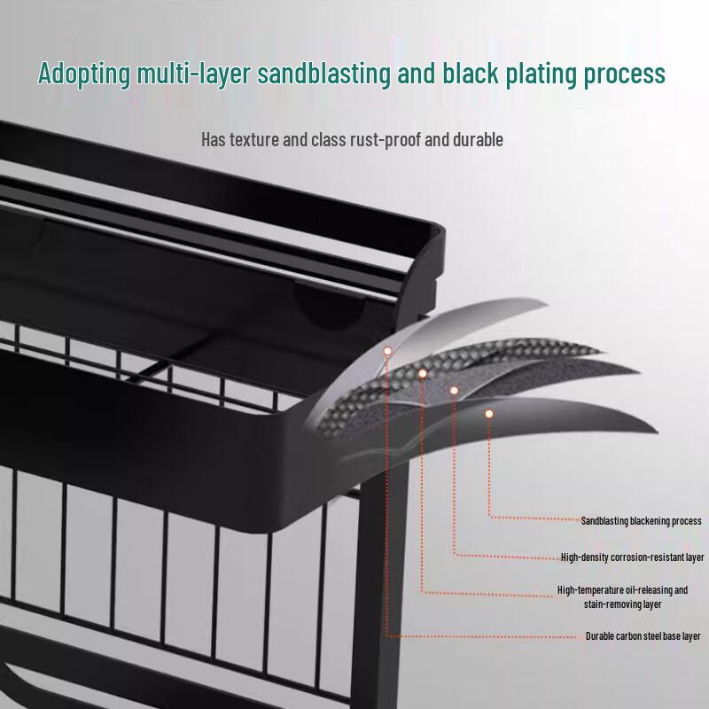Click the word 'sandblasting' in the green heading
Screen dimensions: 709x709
pyautogui.click(x=323, y=74)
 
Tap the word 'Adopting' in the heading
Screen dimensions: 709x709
pyautogui.click(x=84, y=74)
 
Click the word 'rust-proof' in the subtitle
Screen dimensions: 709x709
pyautogui.click(x=386, y=140)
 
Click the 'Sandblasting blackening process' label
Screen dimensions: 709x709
pyautogui.click(x=641, y=521)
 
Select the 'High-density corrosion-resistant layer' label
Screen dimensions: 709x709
pyautogui.click(x=632, y=557)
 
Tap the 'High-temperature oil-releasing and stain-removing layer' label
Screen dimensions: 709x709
pyautogui.click(x=622, y=596)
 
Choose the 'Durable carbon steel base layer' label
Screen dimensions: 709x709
pyautogui.click(x=643, y=636)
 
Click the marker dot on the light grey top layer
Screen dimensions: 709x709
pyautogui.click(x=387, y=351)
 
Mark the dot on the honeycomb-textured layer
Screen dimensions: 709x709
pyautogui.click(x=423, y=373)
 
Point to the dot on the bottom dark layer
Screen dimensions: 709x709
pyautogui.click(x=489, y=414)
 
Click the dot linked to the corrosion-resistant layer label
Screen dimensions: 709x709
pyautogui.click(x=454, y=390)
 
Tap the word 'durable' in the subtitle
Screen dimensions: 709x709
pyautogui.click(x=478, y=140)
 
